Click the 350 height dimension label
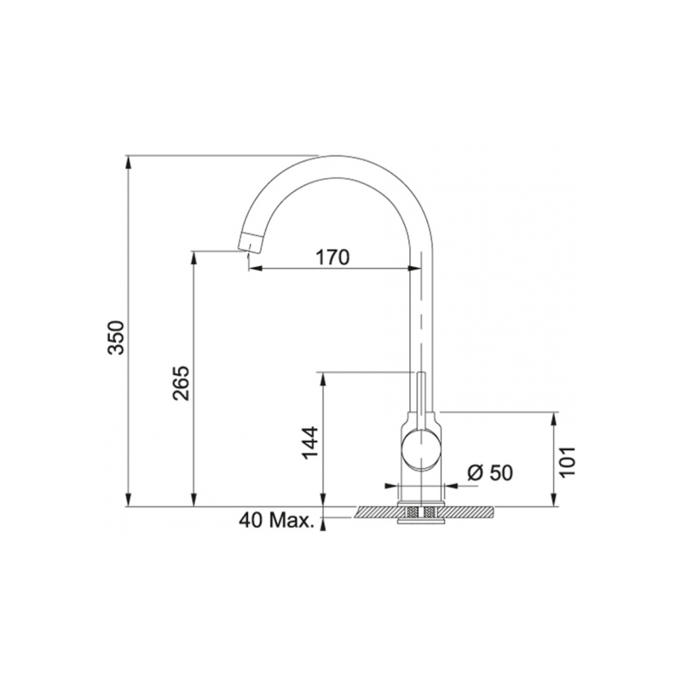point(118,338)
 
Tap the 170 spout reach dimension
point(333,257)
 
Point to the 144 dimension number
point(312,442)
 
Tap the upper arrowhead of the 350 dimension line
point(127,161)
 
